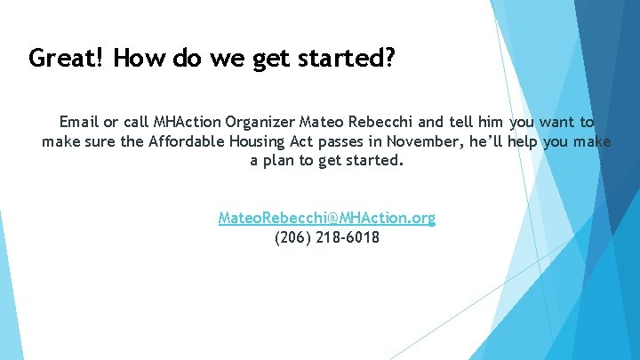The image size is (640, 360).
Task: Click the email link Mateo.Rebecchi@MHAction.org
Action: pyautogui.click(x=327, y=218)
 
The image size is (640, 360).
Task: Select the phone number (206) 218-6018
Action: pyautogui.click(x=327, y=237)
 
